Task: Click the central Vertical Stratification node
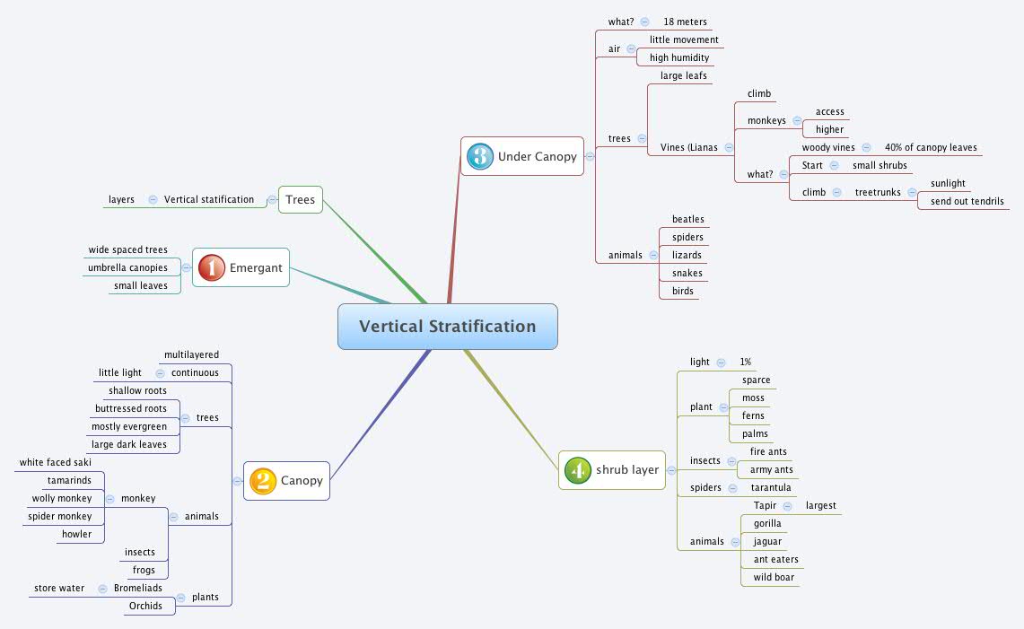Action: tap(447, 327)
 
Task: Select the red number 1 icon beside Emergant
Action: tap(211, 267)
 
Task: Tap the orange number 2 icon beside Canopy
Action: tap(262, 481)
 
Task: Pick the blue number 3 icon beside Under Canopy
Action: tap(480, 156)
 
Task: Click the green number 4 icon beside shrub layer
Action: tap(577, 470)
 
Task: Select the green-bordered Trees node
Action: tap(300, 199)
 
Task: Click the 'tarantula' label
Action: tap(771, 488)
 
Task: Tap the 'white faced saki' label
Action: tap(56, 463)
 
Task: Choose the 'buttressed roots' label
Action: tap(131, 409)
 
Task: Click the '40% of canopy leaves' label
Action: tap(931, 147)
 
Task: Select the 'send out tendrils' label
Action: tap(967, 201)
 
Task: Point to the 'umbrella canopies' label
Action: tap(127, 267)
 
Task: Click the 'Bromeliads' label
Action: tap(138, 589)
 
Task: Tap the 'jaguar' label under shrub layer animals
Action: tap(767, 542)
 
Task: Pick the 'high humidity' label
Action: tap(679, 57)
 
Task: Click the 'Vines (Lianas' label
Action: tap(688, 147)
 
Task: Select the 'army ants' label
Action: tap(771, 470)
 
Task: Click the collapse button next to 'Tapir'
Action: tap(787, 506)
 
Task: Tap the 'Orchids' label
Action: tap(145, 607)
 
